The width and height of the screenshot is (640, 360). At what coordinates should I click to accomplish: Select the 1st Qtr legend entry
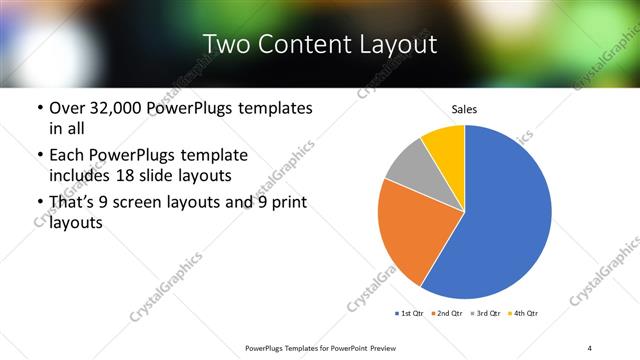(x=410, y=314)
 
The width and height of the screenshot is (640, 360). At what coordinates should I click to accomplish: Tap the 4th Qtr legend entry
(x=524, y=314)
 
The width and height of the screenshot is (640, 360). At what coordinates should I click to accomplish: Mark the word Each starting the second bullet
(x=66, y=156)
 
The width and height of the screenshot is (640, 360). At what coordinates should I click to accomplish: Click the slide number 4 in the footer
(x=590, y=347)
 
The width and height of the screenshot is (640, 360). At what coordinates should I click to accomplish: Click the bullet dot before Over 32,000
(x=39, y=108)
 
